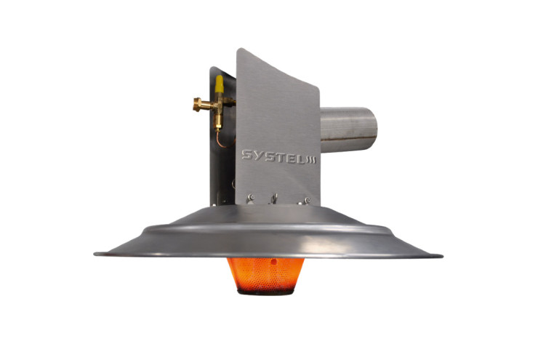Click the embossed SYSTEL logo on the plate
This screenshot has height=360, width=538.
[278, 156]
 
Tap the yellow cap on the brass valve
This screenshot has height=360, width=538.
[219, 84]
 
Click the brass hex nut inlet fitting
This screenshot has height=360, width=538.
[198, 104]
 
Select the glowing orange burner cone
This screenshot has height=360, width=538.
[265, 275]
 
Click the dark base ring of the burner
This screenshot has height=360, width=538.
[265, 292]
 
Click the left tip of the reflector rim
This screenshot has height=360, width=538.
[95, 254]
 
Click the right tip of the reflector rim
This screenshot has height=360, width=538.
[442, 256]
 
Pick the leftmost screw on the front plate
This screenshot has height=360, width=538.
[252, 197]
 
